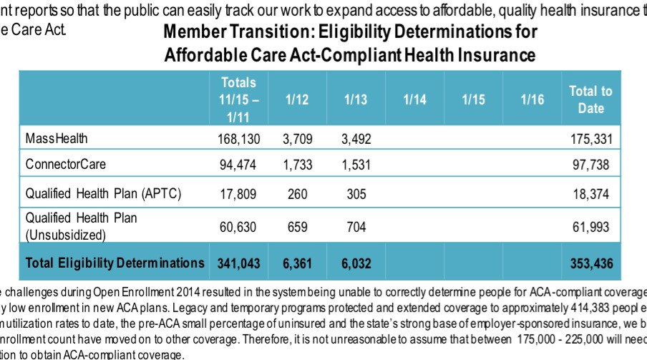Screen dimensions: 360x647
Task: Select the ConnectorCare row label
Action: pyautogui.click(x=66, y=165)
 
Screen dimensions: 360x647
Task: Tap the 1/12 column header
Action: pyautogui.click(x=296, y=100)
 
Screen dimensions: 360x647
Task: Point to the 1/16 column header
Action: pyautogui.click(x=532, y=100)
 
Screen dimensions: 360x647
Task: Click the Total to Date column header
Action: pyautogui.click(x=590, y=100)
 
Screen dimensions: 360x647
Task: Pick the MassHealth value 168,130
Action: pyautogui.click(x=238, y=138)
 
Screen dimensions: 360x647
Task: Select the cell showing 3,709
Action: pyautogui.click(x=296, y=138)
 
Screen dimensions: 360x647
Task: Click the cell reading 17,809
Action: pyautogui.click(x=238, y=194)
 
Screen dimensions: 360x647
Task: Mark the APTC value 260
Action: pyautogui.click(x=296, y=194)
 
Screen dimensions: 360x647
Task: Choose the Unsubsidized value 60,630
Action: pyautogui.click(x=238, y=228)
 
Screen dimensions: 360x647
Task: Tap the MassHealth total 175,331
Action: pyautogui.click(x=590, y=138)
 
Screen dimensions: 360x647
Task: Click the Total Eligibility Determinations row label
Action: pyautogui.click(x=115, y=263)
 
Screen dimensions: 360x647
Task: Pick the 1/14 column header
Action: pyautogui.click(x=414, y=100)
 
